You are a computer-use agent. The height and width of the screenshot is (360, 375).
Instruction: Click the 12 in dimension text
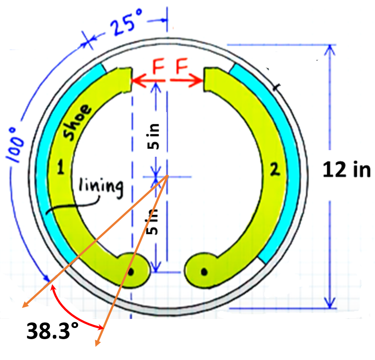point(346,170)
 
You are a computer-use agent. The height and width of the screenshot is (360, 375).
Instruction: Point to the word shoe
point(77,123)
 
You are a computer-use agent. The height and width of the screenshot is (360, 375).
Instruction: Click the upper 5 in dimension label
point(155,136)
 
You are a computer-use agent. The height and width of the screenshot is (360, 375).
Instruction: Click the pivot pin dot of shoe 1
point(132,271)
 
